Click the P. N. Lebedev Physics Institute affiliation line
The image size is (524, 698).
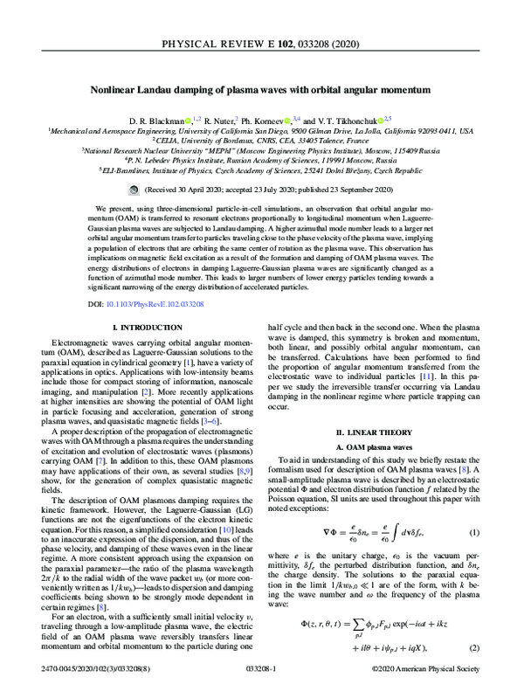point(262,161)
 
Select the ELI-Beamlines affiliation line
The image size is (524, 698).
point(262,172)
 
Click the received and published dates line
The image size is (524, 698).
point(266,188)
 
